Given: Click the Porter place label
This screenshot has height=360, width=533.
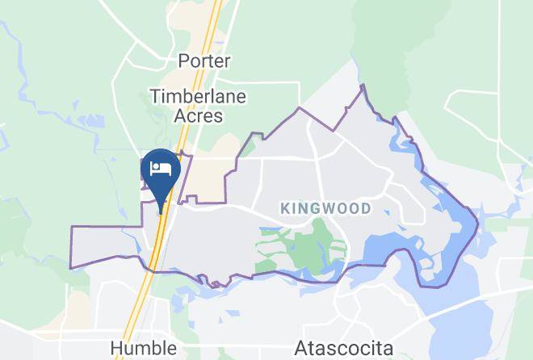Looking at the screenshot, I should click(x=204, y=61).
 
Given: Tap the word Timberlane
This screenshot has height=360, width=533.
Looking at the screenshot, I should click(x=198, y=96).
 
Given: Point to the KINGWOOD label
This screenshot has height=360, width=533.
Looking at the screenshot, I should click(x=326, y=208).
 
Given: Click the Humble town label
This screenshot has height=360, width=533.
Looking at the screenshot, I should click(x=143, y=348).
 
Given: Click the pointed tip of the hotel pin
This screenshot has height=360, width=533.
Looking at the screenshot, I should click(x=162, y=212).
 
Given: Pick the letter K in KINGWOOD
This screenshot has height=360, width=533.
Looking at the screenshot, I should click(x=285, y=208).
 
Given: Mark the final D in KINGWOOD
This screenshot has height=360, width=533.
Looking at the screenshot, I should click(x=367, y=208).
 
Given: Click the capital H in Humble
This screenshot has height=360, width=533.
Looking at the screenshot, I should click(x=116, y=348).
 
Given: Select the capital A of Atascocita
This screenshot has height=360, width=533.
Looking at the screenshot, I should click(x=301, y=349).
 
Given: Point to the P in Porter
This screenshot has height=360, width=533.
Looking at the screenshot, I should click(x=183, y=61).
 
